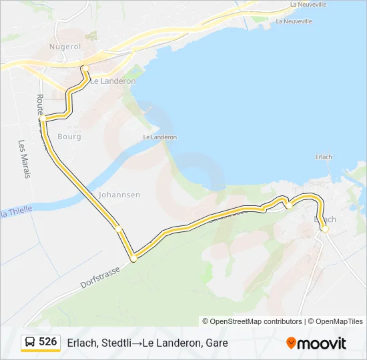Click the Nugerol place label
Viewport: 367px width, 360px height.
pos(65,47)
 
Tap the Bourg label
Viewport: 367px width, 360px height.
pos(69,137)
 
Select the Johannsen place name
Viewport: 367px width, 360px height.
pos(119,195)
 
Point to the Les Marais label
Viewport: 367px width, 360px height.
pos(24,159)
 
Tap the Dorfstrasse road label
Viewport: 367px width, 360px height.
pos(100,277)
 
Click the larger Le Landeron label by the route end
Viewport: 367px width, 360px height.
pos(113,81)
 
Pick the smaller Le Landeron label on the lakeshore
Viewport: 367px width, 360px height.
pos(160,137)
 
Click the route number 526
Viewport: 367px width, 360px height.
pos(48,341)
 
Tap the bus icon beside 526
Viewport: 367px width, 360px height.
pos(31,342)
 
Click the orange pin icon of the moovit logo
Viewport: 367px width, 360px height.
pos(291,343)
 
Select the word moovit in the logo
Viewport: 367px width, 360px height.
pos(322,343)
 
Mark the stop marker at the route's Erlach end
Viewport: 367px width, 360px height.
pos(325,229)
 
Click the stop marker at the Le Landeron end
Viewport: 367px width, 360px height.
pos(85,68)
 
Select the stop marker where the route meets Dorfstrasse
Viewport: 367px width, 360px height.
pos(133,257)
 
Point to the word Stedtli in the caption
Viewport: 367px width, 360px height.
pos(115,343)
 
